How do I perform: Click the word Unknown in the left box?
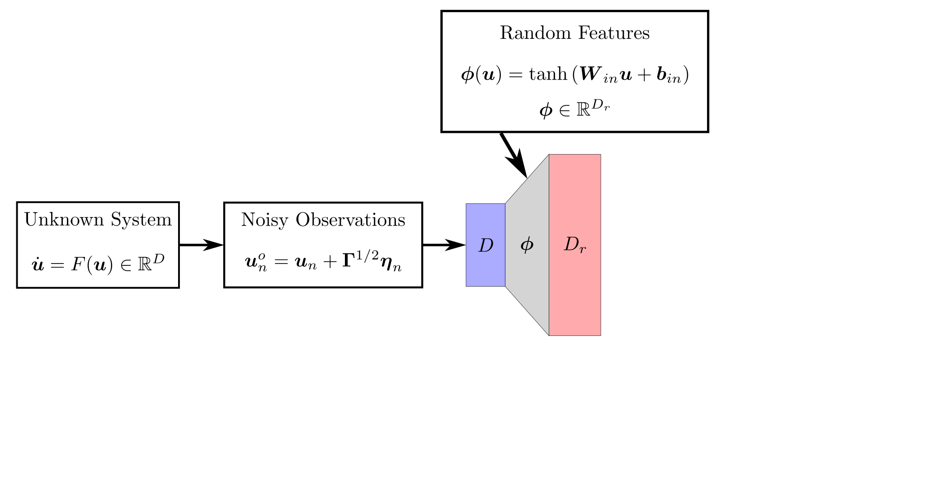(64, 220)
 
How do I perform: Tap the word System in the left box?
(141, 220)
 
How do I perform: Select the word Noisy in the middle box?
(264, 220)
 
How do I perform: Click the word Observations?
(350, 220)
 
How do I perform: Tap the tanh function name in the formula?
(548, 74)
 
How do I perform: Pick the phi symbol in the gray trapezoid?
(527, 245)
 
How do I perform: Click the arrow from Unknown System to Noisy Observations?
(202, 245)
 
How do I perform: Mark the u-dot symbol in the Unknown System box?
(38, 264)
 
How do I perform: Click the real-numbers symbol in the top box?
(583, 110)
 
